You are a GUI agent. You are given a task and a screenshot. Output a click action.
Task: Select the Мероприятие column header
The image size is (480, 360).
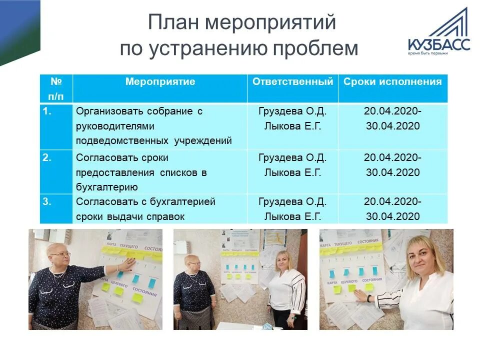coord(160,82)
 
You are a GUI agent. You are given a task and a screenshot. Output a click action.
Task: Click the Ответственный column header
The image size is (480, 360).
coord(292,82)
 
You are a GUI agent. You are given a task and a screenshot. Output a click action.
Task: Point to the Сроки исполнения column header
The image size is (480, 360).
coord(392,82)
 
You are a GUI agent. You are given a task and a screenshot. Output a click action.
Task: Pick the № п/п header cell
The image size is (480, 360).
coord(56,88)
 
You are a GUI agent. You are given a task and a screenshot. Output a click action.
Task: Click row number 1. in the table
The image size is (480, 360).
coord(47,111)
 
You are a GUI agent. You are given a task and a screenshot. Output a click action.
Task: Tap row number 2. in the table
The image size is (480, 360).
coord(47,158)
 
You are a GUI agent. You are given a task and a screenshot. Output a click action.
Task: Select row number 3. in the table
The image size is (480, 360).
coord(47,202)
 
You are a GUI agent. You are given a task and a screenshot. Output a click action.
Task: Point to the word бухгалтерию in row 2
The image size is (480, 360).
coord(106,187)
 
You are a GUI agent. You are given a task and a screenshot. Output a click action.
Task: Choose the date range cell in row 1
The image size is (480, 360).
coord(392,119)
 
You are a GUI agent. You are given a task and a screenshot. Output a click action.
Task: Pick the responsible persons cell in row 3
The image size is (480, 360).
coord(292,209)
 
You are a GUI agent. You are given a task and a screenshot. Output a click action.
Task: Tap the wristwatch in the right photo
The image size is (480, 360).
coord(368,298)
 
